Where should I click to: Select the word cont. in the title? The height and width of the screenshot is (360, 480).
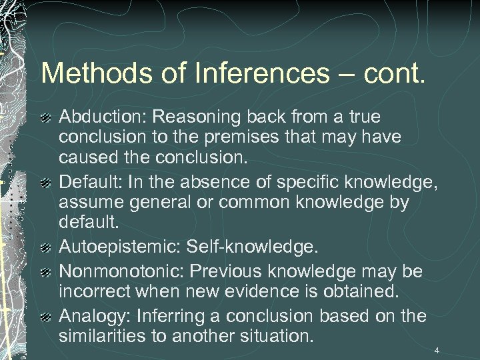393,73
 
